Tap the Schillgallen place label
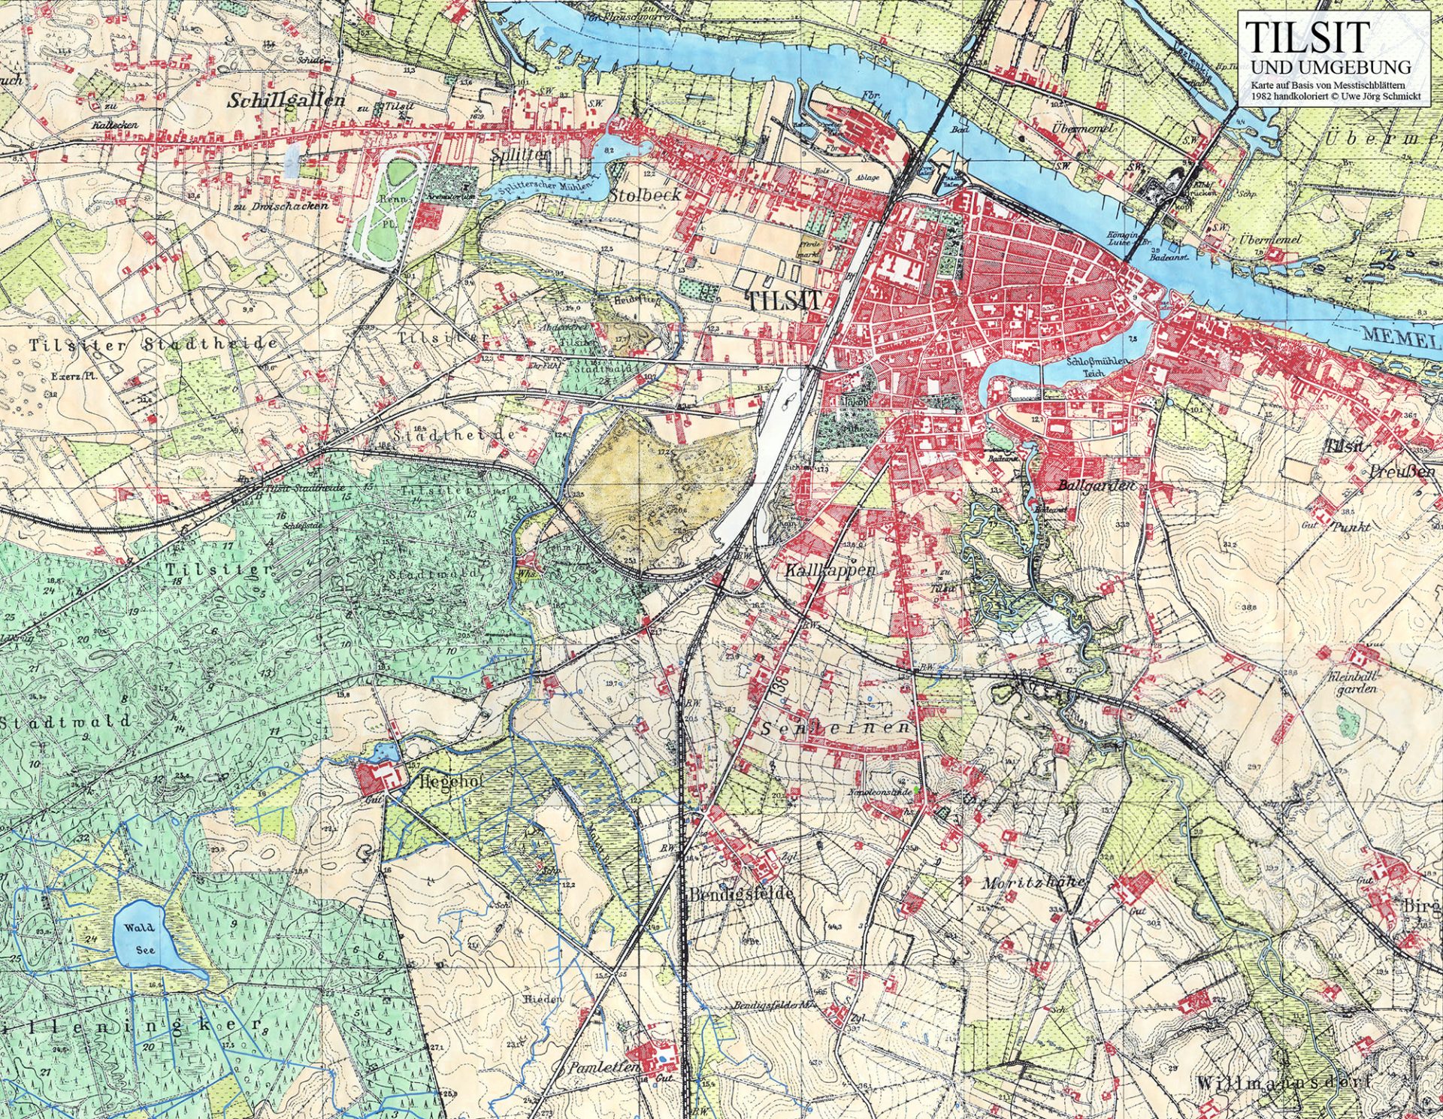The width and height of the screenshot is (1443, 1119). [286, 100]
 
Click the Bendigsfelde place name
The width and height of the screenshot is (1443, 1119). [741, 894]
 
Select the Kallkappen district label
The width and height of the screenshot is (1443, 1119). [830, 570]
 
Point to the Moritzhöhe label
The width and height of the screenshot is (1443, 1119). [1032, 882]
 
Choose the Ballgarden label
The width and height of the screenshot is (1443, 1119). [1095, 485]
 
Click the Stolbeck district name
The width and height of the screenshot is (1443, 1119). [644, 195]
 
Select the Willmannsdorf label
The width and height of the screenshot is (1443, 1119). [1281, 1083]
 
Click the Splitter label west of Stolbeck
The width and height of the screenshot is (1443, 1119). [520, 156]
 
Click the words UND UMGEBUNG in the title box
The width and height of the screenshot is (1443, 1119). [1330, 67]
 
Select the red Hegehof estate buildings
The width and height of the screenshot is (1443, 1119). [376, 779]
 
